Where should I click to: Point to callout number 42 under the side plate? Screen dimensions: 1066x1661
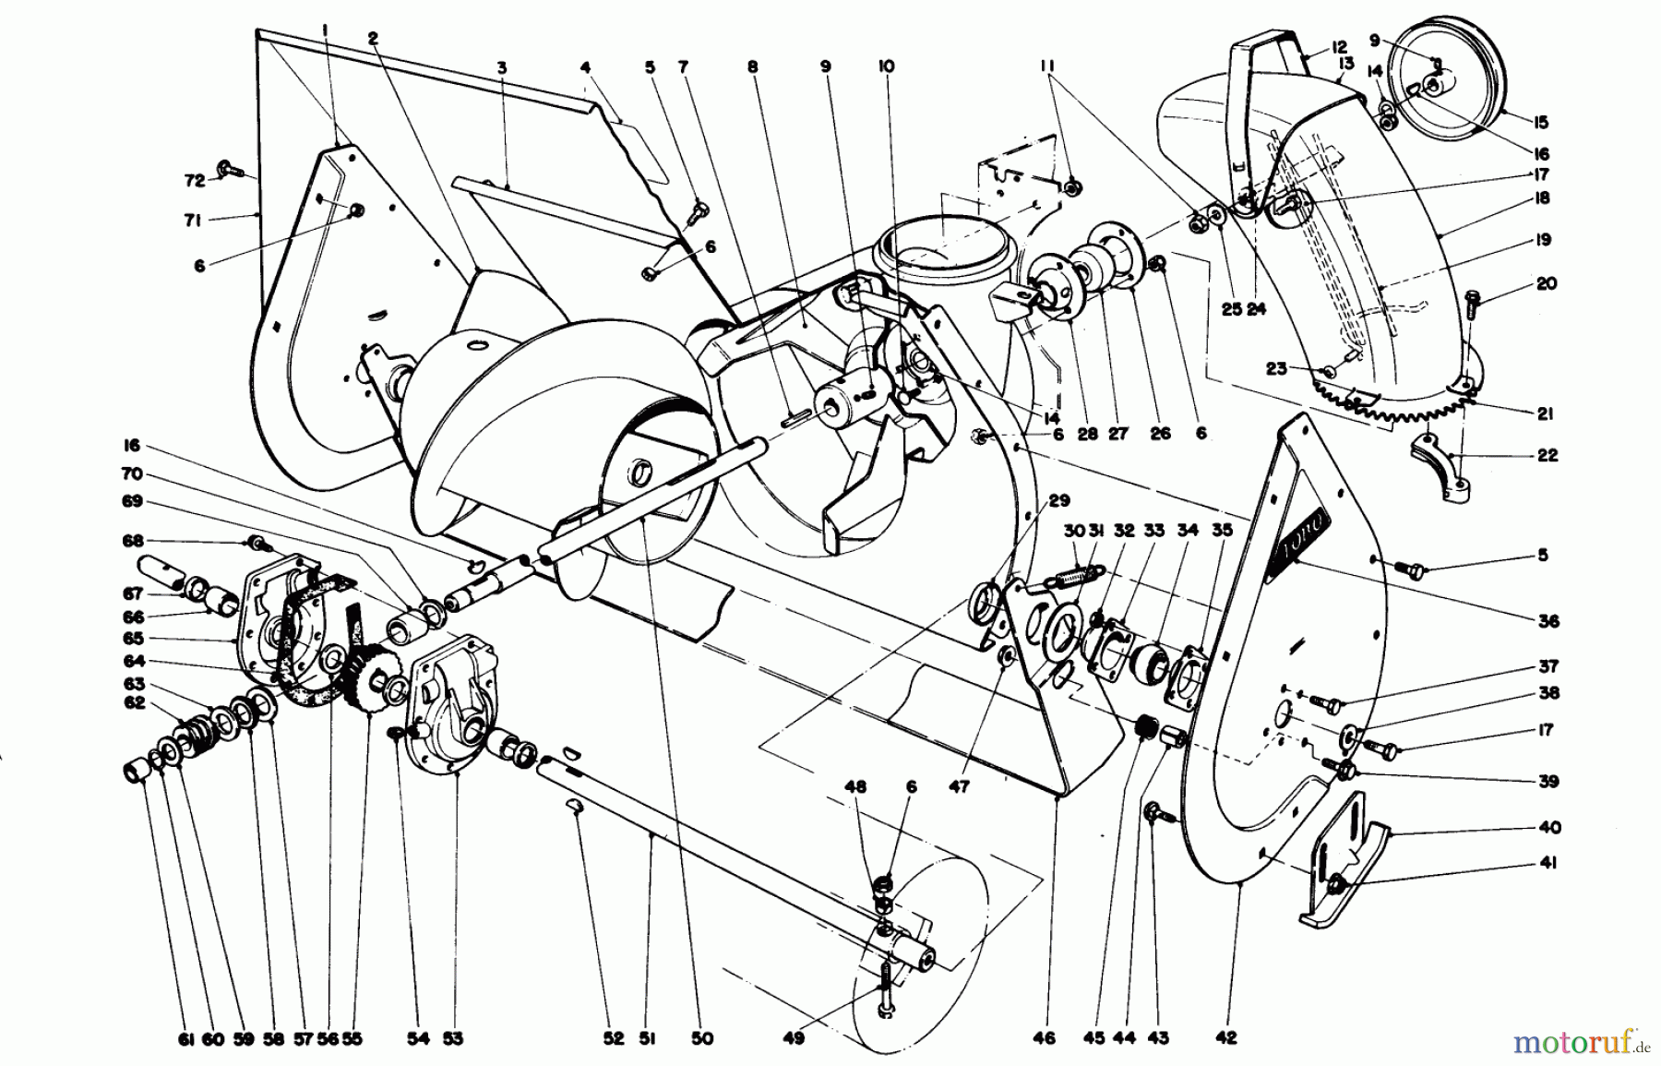[x=1226, y=1038]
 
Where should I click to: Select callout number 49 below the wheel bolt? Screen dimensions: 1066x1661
[x=795, y=1038]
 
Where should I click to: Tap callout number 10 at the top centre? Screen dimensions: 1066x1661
[x=886, y=66]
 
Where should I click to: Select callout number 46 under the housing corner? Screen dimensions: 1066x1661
[x=1044, y=1038]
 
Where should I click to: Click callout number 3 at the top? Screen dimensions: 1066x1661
[x=502, y=66]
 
